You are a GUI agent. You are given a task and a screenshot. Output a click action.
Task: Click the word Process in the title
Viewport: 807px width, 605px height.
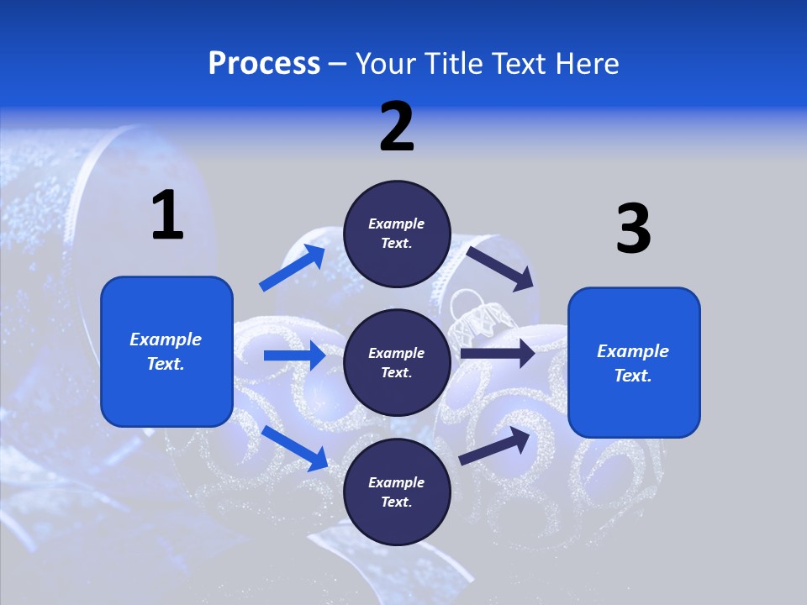point(264,64)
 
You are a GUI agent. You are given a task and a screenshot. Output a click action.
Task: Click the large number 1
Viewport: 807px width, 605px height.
point(167,215)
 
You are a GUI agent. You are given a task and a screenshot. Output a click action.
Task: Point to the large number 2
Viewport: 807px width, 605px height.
point(397,127)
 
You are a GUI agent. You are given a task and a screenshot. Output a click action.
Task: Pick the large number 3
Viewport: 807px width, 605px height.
point(633,229)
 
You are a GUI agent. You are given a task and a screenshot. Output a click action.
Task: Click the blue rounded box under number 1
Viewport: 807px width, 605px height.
point(166,351)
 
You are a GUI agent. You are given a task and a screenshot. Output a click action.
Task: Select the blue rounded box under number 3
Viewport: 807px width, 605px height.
point(634,362)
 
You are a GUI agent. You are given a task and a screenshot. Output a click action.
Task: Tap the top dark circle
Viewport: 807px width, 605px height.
point(397,234)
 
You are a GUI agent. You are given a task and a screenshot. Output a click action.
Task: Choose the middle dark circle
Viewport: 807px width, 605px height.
point(397,362)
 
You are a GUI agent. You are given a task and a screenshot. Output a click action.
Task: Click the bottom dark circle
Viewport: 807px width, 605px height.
point(397,492)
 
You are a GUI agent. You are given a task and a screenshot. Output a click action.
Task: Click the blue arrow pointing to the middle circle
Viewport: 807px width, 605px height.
point(294,355)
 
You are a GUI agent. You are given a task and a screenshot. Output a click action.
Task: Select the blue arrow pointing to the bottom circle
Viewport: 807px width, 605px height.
point(295,448)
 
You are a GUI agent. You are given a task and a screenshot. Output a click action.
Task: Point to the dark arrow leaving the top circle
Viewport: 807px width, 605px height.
point(500,268)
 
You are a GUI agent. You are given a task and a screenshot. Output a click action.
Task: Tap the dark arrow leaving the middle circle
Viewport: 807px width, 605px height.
point(498,354)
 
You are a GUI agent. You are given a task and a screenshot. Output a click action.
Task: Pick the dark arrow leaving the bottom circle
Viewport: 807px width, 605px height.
point(495,445)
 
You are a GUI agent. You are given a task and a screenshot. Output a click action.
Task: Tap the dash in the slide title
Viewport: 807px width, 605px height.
point(338,65)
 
